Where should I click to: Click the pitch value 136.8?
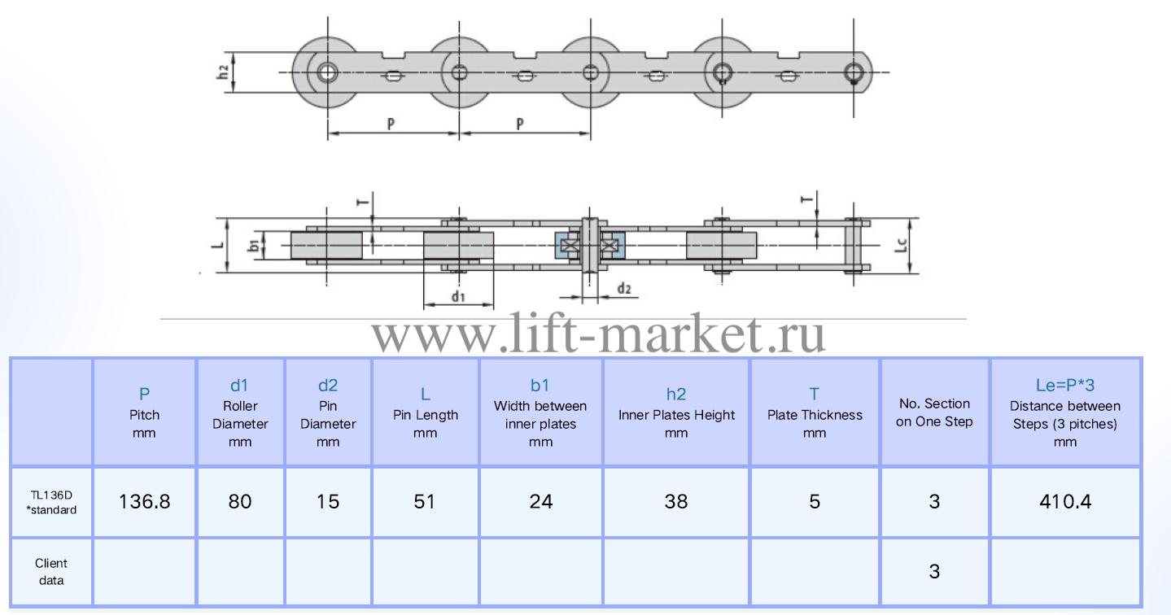click(144, 502)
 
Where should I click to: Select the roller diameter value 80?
click(240, 502)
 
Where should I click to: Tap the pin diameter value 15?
click(328, 502)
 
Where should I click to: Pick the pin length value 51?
click(425, 502)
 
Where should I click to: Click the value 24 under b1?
click(540, 502)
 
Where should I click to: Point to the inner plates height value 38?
click(676, 502)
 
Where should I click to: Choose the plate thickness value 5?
click(815, 502)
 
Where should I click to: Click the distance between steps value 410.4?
click(1065, 502)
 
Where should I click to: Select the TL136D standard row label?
click(51, 502)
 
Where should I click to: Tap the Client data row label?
click(51, 572)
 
